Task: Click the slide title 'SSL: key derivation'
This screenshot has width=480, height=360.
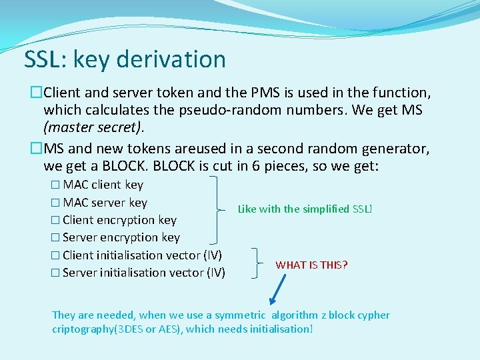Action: (125, 59)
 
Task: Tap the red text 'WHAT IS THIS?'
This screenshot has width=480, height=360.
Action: (311, 265)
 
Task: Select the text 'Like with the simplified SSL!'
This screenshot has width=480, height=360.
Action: (305, 209)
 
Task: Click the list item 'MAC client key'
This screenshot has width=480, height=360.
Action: (103, 185)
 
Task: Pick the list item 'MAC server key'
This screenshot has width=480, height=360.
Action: (105, 202)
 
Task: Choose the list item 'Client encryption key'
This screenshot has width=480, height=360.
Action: (119, 220)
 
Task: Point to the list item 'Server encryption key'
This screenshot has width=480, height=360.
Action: (121, 237)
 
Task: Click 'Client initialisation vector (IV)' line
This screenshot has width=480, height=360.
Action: (141, 255)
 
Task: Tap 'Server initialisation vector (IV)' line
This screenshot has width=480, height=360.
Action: (143, 272)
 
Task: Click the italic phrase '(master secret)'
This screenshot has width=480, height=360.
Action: (93, 127)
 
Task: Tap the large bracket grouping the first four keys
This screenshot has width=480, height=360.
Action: (216, 209)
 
